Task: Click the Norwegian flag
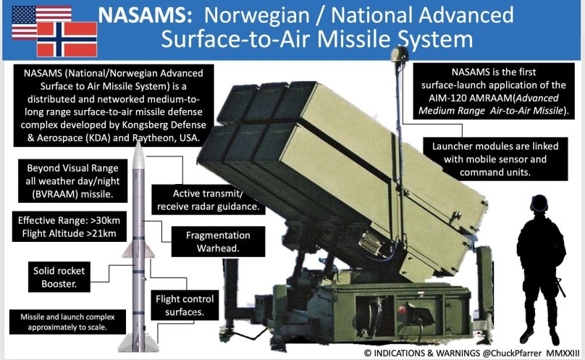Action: (67, 39)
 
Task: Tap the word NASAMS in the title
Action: (145, 15)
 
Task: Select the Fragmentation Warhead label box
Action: (218, 242)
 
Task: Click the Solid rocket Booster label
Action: (59, 277)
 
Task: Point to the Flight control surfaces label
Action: (185, 305)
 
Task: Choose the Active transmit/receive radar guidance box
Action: (209, 200)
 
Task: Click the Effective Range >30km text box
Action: (69, 227)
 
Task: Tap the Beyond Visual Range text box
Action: (72, 181)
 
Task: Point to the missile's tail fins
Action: (138, 342)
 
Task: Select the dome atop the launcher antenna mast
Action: (400, 54)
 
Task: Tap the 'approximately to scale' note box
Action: (67, 322)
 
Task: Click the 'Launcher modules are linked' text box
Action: (495, 159)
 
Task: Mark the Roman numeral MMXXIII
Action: (563, 353)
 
